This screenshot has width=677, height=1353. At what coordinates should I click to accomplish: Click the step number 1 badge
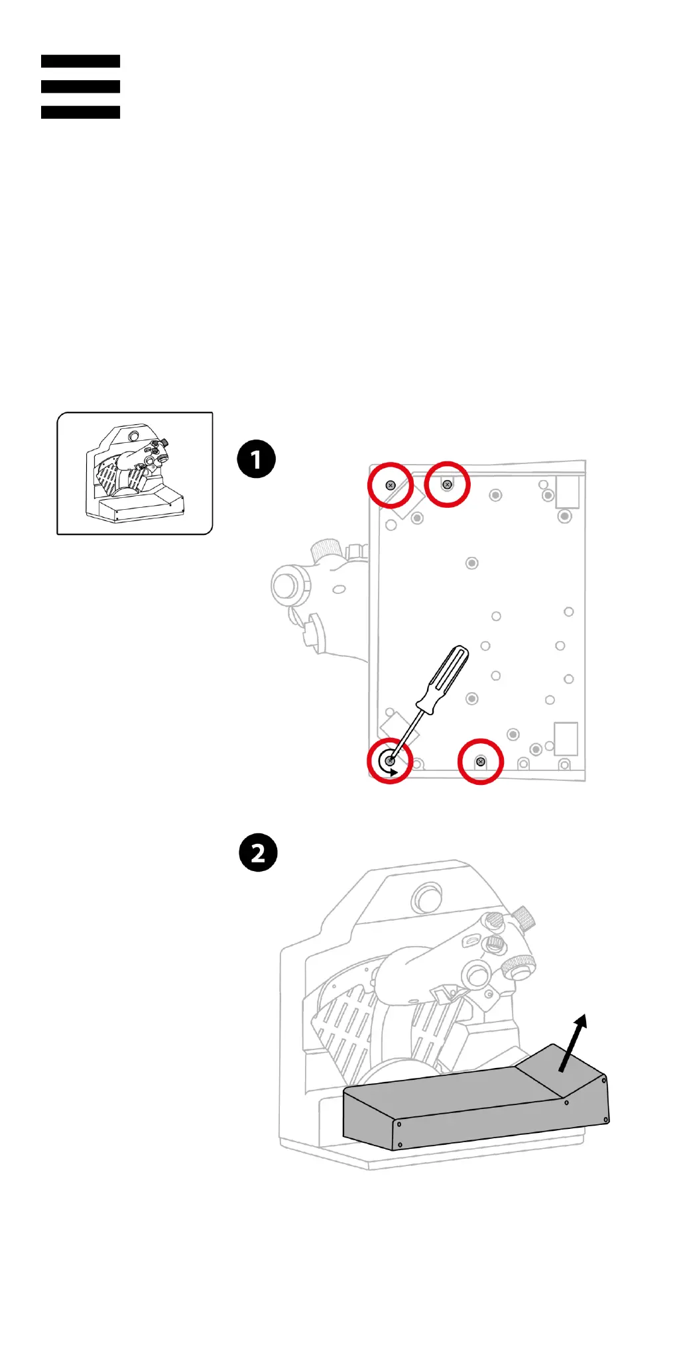point(257,459)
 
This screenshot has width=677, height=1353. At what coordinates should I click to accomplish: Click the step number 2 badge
point(258,853)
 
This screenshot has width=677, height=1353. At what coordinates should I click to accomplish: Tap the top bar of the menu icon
point(80,61)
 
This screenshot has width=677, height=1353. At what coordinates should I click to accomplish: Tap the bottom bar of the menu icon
point(80,113)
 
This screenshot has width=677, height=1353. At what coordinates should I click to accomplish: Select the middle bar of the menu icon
point(80,87)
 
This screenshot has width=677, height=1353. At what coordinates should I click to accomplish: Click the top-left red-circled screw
point(391,485)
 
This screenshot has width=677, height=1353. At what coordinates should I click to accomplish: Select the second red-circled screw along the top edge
point(447,485)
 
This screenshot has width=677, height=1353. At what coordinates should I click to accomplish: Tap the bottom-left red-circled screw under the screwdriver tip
point(390,761)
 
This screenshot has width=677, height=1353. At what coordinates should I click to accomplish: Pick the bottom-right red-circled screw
point(481,762)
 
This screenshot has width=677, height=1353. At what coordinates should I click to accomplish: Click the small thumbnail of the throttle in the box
point(135,473)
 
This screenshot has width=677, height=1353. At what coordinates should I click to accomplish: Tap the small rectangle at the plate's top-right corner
point(568,492)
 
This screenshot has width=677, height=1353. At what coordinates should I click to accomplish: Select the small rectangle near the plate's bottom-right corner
point(566,738)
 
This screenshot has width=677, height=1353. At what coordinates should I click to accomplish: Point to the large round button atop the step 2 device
point(428,899)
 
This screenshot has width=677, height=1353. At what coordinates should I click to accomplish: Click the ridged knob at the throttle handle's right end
point(519,967)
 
